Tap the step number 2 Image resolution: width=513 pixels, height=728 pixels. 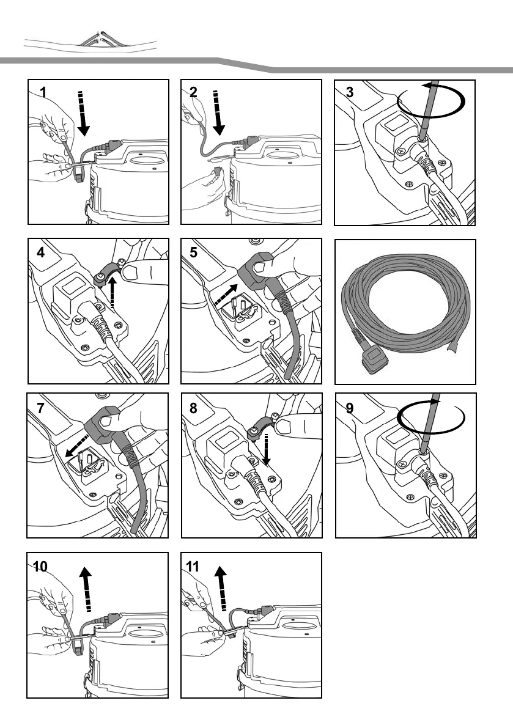coord(194,92)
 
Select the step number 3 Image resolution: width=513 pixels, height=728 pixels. coord(349,92)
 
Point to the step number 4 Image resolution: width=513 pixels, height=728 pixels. coord(40,252)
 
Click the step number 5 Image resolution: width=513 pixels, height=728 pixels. coord(194,252)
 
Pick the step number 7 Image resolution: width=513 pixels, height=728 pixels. coord(40,408)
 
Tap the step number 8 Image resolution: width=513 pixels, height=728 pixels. coord(194,408)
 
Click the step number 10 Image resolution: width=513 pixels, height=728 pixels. coord(40,567)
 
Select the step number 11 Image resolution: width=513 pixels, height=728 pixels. coord(194,567)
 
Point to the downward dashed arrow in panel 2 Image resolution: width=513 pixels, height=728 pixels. coord(218,112)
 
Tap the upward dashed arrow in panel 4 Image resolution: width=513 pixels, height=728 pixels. coord(112,293)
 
